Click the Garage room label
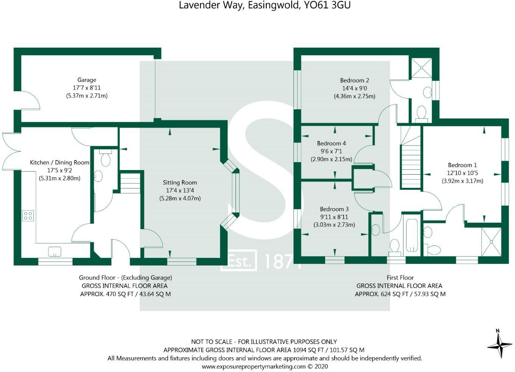(x=87, y=80)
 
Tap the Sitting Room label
(x=180, y=183)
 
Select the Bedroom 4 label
(x=331, y=143)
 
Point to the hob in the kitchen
(x=28, y=215)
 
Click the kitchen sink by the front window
(x=55, y=251)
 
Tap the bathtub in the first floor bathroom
(x=413, y=236)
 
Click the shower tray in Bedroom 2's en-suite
(x=422, y=68)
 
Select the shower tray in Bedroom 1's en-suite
(x=491, y=242)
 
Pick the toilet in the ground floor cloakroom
(x=105, y=158)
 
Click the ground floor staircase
(x=130, y=183)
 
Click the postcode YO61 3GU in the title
(x=327, y=5)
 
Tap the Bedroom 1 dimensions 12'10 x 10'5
(x=462, y=173)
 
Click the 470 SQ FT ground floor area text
(x=119, y=294)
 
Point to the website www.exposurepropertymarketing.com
(x=254, y=366)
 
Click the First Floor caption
(x=400, y=277)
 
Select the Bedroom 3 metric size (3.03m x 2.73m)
(x=334, y=225)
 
